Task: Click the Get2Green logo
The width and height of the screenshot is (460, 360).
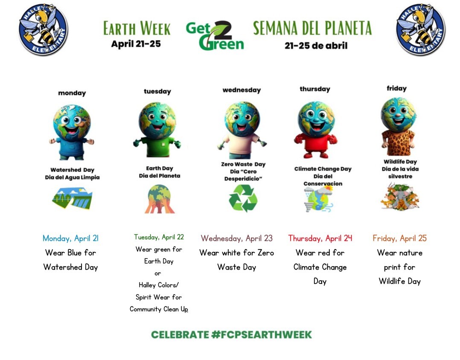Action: click(x=215, y=35)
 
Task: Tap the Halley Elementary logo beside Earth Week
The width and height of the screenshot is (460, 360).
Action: click(x=43, y=30)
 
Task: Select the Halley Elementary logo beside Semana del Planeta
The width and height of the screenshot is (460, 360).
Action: click(x=420, y=30)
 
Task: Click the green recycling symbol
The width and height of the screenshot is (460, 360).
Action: click(x=243, y=198)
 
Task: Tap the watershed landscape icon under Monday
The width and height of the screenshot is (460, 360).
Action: click(x=72, y=199)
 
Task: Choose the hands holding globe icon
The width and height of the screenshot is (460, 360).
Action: click(x=159, y=199)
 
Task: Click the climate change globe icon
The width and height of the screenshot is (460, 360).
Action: click(x=318, y=199)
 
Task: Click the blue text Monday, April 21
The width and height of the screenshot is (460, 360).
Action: click(x=70, y=238)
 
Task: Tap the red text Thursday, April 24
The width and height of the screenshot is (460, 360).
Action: click(x=320, y=238)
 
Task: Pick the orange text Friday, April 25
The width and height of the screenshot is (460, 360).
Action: click(x=399, y=238)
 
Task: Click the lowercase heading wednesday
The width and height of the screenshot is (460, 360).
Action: click(x=242, y=90)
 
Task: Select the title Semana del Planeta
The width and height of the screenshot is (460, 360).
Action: click(x=312, y=28)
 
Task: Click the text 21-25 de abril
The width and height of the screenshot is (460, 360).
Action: click(x=316, y=46)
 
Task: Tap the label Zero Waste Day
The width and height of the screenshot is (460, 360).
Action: click(x=243, y=164)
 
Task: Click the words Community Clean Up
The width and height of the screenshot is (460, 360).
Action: click(x=159, y=309)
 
